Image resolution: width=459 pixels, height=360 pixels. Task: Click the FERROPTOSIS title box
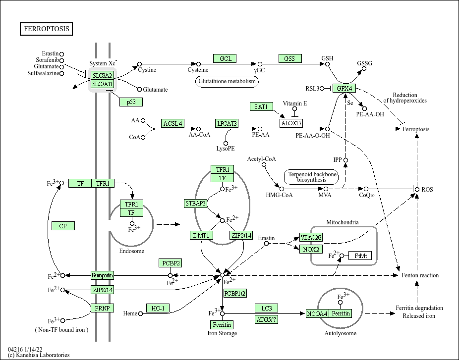(47, 29)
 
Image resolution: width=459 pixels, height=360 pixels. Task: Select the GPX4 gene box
(344, 89)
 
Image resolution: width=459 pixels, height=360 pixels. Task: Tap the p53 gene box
(131, 102)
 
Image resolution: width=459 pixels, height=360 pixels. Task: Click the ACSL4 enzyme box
(172, 123)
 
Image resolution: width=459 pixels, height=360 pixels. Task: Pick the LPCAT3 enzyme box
(226, 123)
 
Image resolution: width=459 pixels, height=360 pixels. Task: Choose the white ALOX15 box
(291, 123)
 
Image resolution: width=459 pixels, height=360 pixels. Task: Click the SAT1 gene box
(261, 106)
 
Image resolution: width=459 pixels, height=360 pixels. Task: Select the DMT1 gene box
(201, 235)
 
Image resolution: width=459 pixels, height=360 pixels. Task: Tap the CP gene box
(63, 226)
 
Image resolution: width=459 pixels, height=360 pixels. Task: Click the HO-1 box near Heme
(158, 309)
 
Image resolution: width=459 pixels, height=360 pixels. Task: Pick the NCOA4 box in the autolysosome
(317, 313)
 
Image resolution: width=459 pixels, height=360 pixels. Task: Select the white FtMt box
(360, 256)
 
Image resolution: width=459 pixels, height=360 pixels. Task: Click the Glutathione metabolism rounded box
(228, 81)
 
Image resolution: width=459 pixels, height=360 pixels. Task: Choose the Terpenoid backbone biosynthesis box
(311, 177)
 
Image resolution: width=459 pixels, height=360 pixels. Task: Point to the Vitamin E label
(295, 103)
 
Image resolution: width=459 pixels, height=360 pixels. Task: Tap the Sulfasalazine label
(43, 73)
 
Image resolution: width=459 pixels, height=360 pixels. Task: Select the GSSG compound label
(364, 63)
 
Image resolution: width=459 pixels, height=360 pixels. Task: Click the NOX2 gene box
(311, 249)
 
